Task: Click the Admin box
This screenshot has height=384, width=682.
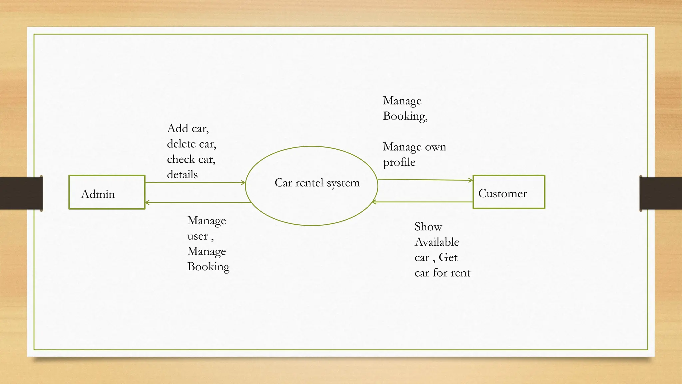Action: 107,192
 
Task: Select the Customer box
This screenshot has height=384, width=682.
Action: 509,192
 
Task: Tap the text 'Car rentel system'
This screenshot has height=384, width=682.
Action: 317,183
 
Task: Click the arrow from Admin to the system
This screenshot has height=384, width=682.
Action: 195,183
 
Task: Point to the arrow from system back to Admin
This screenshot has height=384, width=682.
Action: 198,202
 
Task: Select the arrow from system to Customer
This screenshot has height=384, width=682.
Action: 425,180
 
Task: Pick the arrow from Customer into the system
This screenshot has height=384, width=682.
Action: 422,202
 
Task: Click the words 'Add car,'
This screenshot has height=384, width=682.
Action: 188,128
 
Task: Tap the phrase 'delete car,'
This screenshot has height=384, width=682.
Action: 191,144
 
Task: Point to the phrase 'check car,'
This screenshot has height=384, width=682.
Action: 191,159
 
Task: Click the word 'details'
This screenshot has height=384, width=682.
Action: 182,175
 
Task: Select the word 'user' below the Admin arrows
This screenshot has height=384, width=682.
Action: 197,236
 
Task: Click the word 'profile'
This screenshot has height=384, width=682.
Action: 399,162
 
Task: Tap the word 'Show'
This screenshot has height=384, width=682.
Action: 428,227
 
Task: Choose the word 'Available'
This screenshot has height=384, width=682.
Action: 437,242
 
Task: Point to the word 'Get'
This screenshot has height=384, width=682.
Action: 448,257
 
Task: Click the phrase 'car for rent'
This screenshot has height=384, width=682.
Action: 442,273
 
